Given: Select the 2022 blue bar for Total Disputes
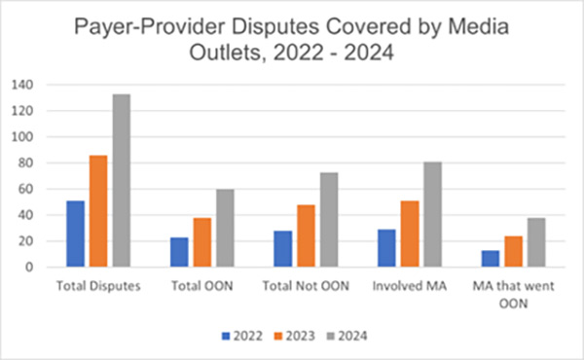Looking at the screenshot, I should pyautogui.click(x=75, y=234).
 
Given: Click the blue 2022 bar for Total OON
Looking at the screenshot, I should pyautogui.click(x=178, y=252).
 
